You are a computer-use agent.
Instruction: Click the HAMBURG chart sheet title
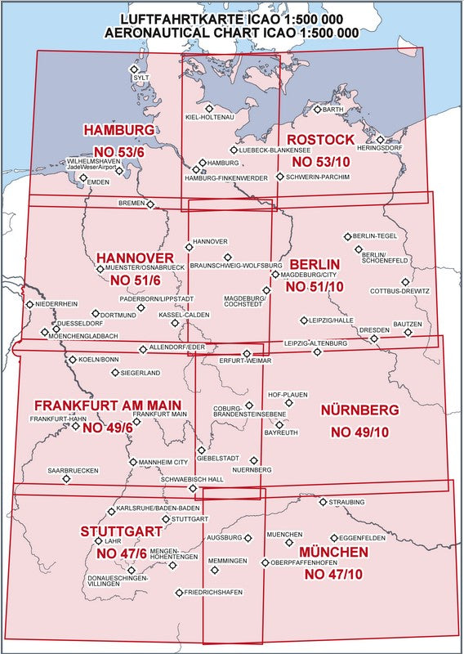tap(118, 130)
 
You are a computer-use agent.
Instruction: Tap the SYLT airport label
tap(142, 78)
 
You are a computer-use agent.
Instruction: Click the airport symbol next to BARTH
tap(317, 110)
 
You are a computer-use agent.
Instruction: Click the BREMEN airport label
tap(131, 202)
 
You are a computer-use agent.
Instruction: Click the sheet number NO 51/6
tap(136, 280)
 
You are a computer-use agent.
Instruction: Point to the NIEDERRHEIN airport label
tap(58, 304)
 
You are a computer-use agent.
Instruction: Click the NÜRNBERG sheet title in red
tap(359, 409)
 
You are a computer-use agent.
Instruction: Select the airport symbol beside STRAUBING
tap(323, 502)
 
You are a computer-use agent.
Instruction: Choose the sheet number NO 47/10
tap(333, 575)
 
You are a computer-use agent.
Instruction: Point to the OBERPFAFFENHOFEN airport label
tap(305, 562)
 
